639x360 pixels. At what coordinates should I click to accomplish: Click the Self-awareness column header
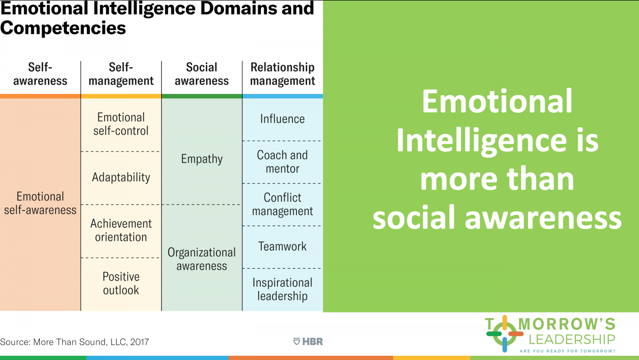(40, 74)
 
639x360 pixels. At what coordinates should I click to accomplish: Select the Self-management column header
(121, 74)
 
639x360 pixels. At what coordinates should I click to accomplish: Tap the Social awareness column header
(201, 74)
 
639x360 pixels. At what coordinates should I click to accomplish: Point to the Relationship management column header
(282, 74)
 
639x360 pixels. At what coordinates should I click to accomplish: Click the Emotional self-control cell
(121, 124)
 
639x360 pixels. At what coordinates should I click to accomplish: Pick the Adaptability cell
(121, 177)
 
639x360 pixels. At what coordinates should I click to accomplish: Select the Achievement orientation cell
(121, 230)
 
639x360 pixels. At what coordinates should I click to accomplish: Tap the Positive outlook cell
(121, 283)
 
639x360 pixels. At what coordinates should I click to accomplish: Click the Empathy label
(202, 159)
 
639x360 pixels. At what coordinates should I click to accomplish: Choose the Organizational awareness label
(202, 259)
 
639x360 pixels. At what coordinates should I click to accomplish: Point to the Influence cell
(282, 119)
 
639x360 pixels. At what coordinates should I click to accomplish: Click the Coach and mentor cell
(282, 162)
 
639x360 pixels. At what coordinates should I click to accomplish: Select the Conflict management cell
(282, 204)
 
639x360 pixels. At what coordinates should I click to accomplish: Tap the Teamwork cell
(282, 246)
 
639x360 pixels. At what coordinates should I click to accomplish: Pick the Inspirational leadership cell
(282, 289)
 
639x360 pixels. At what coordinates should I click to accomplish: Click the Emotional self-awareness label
(40, 203)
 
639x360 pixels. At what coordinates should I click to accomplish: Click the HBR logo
(308, 342)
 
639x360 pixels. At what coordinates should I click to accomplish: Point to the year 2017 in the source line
(139, 342)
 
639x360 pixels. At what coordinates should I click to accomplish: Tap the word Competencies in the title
(63, 28)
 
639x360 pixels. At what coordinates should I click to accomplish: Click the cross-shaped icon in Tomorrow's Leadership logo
(505, 334)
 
